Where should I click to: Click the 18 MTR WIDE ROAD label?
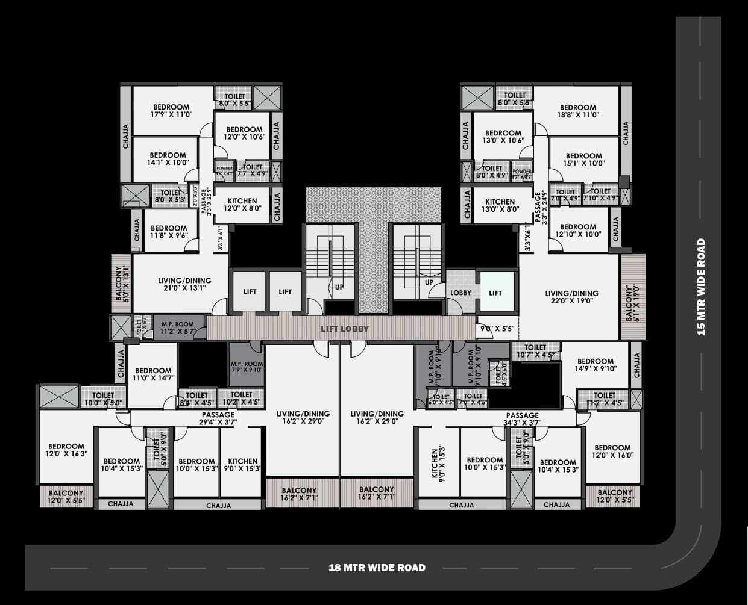point(377,568)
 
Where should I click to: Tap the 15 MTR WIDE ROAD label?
point(701,287)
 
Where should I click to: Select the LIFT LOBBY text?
point(344,329)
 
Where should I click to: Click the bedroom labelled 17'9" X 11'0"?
point(171,111)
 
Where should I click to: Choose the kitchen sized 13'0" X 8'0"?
point(500,206)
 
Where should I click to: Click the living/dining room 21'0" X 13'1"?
point(184,284)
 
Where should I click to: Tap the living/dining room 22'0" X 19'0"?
point(571,297)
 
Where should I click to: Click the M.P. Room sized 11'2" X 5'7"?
point(177,327)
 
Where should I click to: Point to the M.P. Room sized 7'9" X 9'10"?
point(247,367)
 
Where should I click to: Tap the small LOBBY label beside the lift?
point(460,293)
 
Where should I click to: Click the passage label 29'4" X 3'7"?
point(218,418)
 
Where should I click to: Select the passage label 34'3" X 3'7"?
point(522,419)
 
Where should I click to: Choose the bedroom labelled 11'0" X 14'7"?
point(153,374)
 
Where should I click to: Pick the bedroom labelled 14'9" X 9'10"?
point(596,365)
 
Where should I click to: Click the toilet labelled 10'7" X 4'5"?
point(535,351)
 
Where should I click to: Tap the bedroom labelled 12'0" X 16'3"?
point(66,450)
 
